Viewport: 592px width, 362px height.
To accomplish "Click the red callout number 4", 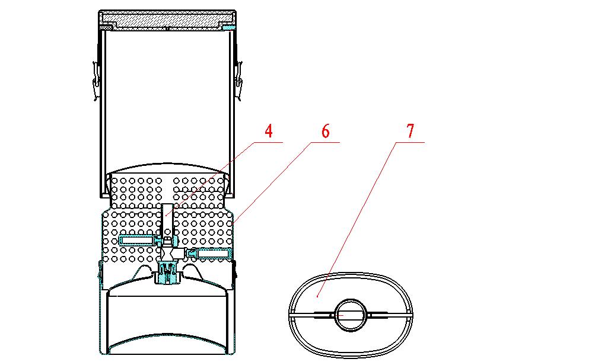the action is [x=269, y=131].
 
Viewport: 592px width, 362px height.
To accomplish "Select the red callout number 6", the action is [x=326, y=131].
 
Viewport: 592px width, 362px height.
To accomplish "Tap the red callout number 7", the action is [x=410, y=131].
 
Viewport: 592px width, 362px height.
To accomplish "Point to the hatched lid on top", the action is [x=167, y=19].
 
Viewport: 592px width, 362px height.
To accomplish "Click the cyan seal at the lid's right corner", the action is [x=229, y=28].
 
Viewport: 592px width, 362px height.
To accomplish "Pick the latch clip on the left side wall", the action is [x=96, y=81].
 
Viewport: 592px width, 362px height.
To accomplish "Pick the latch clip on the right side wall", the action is [x=238, y=81].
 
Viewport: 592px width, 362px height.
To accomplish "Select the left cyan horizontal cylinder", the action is [x=136, y=240].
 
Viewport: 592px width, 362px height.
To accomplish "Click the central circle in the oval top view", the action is [x=351, y=315].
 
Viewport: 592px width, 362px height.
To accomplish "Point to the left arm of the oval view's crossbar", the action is [x=311, y=314].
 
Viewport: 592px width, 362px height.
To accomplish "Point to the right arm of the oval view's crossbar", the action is [x=390, y=314].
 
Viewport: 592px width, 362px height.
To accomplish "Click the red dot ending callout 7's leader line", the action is [x=317, y=297].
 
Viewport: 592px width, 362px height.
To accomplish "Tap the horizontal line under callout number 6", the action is [x=326, y=142].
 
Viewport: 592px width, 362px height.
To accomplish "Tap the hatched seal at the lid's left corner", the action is [x=106, y=28].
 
